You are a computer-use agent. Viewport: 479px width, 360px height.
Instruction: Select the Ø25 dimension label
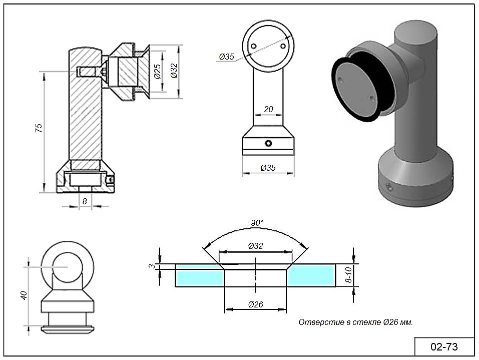point(157,72)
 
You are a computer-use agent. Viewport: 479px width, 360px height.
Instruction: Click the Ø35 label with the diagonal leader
point(226,57)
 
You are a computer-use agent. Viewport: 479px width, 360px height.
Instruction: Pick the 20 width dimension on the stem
point(268,109)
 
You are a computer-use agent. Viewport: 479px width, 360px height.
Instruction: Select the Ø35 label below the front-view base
point(268,168)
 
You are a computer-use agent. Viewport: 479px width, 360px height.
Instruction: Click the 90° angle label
point(257,223)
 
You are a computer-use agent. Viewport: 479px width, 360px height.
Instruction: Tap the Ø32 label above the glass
point(255,246)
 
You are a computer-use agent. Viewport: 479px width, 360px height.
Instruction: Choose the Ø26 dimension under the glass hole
point(255,304)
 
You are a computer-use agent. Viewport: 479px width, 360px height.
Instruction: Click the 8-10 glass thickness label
point(349,275)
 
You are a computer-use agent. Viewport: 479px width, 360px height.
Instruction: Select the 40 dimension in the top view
point(23,295)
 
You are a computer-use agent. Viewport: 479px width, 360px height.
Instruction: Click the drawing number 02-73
point(444,346)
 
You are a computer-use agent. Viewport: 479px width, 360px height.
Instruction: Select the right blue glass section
point(311,275)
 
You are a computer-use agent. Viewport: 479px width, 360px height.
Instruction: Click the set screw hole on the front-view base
point(269,144)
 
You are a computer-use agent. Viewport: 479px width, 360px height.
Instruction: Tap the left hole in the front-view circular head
point(254,46)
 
